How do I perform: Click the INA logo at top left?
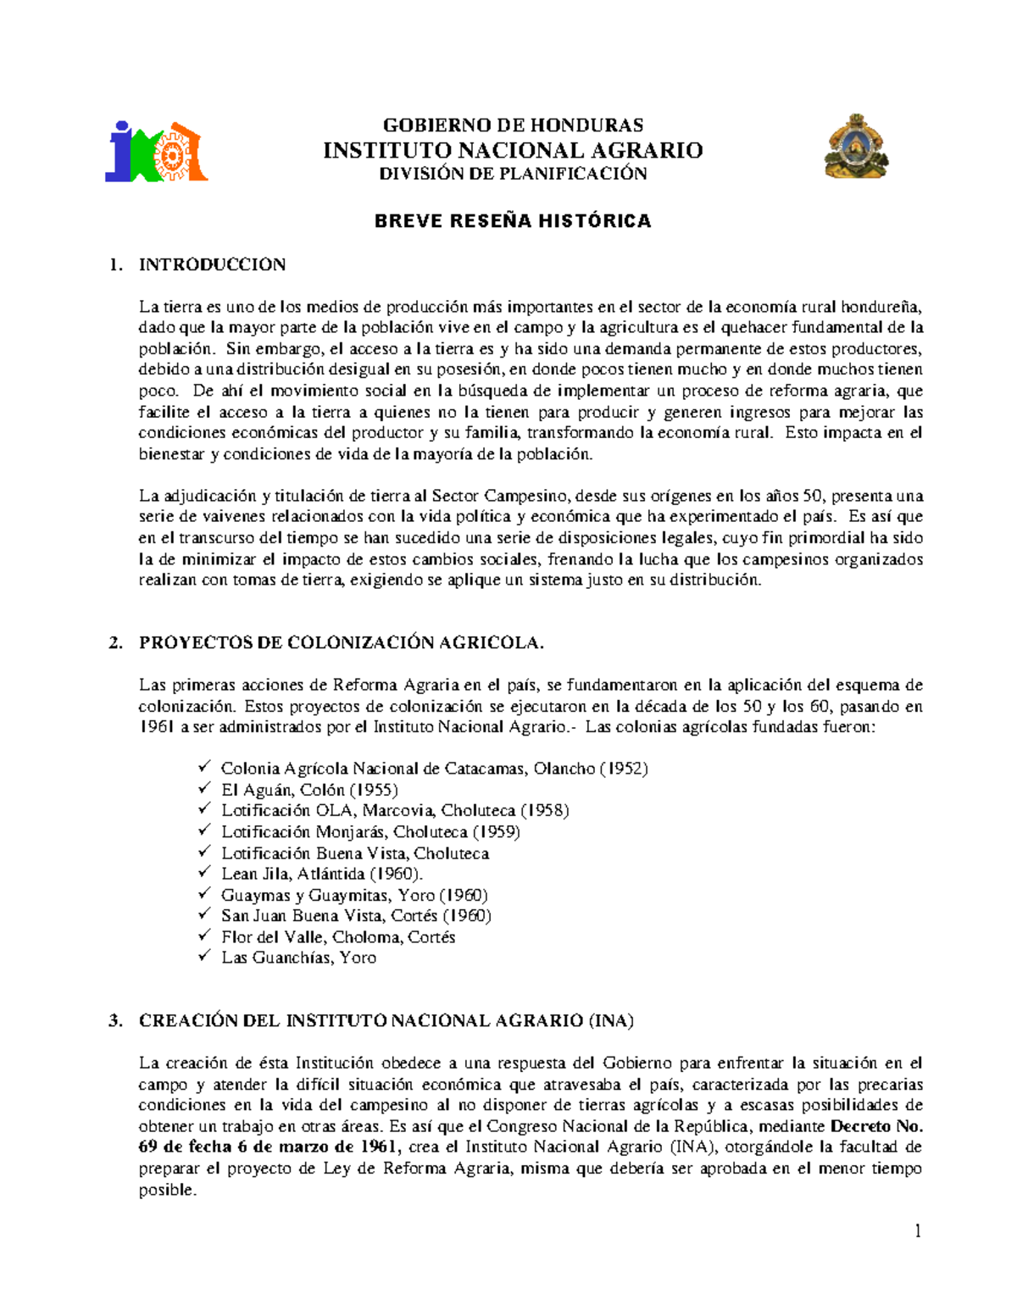(156, 152)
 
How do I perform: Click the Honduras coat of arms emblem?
(855, 147)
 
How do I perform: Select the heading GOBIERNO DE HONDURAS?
(513, 125)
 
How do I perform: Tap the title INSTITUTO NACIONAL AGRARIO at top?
(513, 150)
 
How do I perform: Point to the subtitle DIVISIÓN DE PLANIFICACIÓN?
(513, 174)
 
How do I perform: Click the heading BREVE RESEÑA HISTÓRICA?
(513, 221)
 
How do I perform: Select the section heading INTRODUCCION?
(212, 264)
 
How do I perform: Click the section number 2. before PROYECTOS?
(115, 643)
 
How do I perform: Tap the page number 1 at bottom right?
(917, 1231)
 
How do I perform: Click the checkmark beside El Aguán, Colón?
(204, 789)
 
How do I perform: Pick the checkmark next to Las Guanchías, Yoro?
(204, 957)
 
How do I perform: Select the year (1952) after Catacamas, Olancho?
(624, 769)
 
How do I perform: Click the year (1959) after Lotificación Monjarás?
(496, 831)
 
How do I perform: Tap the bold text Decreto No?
(876, 1126)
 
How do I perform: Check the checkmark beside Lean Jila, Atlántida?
(204, 873)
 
